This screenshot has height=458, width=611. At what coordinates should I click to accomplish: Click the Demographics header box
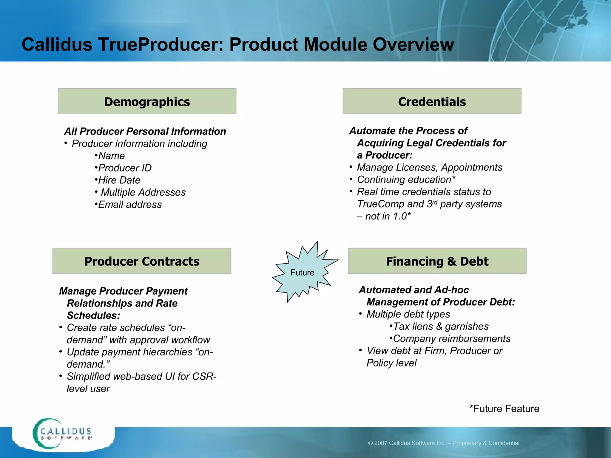click(x=147, y=101)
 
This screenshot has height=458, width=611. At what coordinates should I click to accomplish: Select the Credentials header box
click(x=432, y=101)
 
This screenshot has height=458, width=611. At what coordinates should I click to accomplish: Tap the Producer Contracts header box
click(x=142, y=261)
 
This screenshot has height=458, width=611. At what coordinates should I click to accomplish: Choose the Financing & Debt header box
click(x=437, y=261)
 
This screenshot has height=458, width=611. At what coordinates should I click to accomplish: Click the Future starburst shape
click(x=303, y=272)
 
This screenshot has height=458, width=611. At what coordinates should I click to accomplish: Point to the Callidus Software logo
click(x=63, y=434)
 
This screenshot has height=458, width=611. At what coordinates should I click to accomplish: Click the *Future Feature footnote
click(x=504, y=409)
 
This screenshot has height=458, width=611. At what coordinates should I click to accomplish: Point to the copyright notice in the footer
click(x=443, y=443)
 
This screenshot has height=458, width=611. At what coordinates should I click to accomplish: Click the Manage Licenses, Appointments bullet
click(x=429, y=167)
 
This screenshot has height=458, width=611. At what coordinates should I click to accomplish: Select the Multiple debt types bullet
click(x=408, y=314)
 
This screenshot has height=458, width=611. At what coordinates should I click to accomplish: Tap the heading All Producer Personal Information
click(x=145, y=131)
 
